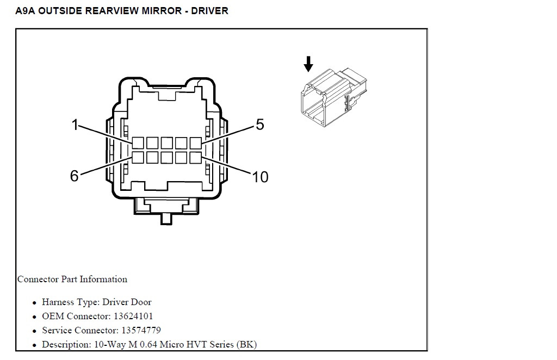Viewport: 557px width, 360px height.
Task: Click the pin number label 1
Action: (x=75, y=125)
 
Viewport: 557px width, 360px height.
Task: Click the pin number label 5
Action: (x=260, y=125)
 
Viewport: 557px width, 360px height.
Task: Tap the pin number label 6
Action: (x=74, y=176)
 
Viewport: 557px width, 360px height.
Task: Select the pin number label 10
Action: (x=260, y=177)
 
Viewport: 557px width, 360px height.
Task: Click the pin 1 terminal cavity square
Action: (x=138, y=143)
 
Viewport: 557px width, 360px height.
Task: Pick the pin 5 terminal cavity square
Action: (x=196, y=143)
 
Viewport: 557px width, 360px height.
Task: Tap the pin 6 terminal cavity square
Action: (x=138, y=158)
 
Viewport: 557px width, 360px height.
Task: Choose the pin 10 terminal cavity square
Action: (x=196, y=158)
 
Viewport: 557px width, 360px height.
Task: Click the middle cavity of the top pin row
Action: (x=166, y=143)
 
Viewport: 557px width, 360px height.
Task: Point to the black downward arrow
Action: (x=308, y=64)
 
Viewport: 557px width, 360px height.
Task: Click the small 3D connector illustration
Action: (x=333, y=98)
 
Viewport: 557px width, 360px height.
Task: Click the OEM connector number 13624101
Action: (x=133, y=316)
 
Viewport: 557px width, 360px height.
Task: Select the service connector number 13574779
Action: (x=141, y=330)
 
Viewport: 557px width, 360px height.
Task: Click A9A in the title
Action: (x=25, y=11)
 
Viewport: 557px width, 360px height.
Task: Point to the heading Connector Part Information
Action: (x=72, y=279)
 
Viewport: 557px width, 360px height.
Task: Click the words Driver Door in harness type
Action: (x=127, y=302)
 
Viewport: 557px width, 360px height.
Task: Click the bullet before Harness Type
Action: (x=34, y=303)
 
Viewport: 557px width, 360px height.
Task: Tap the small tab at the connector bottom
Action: (x=166, y=219)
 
